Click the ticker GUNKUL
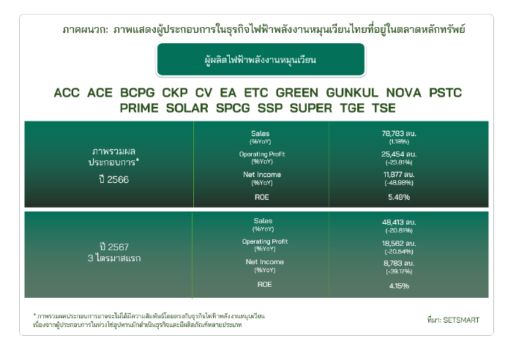point(352,93)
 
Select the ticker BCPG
point(137,93)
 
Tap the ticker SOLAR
point(187,108)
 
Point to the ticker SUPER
point(310,108)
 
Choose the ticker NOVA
point(403,93)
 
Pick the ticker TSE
point(384,108)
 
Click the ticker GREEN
point(297,93)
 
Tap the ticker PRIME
point(139,108)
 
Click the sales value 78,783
point(392,134)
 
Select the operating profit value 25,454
point(392,154)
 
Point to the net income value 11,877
point(393,174)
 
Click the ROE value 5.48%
point(399,197)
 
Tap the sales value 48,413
point(393,222)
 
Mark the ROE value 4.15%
point(399,285)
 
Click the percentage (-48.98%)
point(399,183)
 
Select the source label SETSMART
point(461,320)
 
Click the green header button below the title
point(261,59)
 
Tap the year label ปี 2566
point(114,179)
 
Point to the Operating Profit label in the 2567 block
point(265,241)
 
